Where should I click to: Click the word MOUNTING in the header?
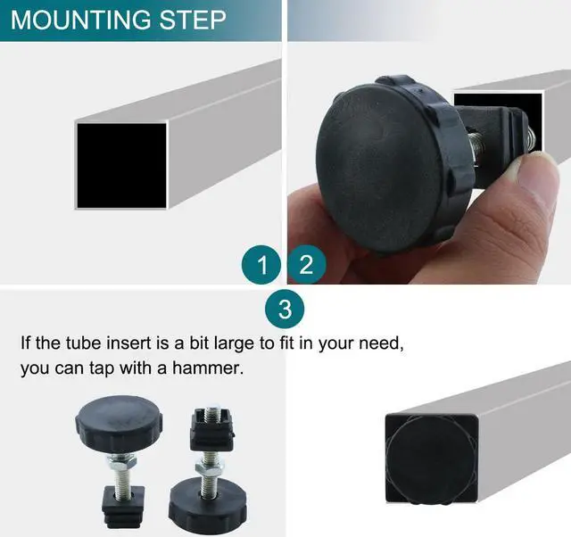tap(80, 20)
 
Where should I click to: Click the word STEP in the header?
tap(193, 20)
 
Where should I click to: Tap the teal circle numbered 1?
tap(261, 265)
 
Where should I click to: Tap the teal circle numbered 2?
tap(306, 265)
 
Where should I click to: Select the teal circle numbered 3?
tap(285, 310)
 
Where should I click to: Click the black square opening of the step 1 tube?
tap(121, 166)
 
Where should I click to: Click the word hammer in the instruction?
tap(207, 368)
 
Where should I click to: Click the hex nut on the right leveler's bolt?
tap(209, 466)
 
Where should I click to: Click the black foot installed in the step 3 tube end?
tap(431, 459)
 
